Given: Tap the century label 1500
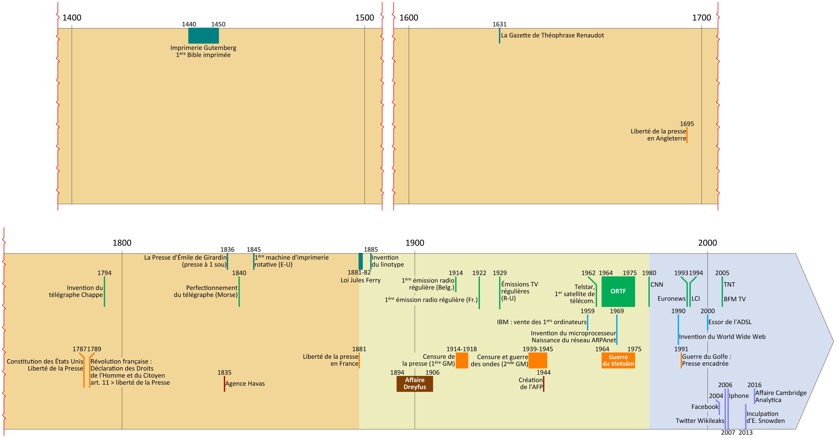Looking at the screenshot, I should [365, 18].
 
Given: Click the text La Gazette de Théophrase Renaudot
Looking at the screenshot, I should [552, 35].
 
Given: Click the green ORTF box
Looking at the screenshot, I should [618, 291].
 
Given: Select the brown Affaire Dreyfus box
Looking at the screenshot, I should [414, 383].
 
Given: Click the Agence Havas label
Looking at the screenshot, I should [245, 383].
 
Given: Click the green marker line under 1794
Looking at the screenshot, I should [104, 291].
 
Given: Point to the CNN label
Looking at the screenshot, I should [657, 284].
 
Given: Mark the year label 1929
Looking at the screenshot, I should [499, 273].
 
